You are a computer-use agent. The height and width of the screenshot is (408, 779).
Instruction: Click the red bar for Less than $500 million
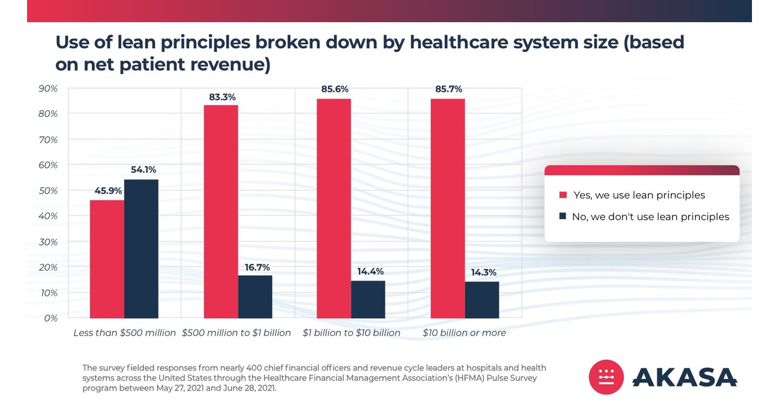pyautogui.click(x=107, y=259)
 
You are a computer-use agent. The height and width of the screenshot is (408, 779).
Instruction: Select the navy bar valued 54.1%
pyautogui.click(x=141, y=249)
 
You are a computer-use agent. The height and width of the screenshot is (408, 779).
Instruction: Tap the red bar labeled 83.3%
pyautogui.click(x=221, y=212)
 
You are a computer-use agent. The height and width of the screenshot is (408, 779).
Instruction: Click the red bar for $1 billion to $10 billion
pyautogui.click(x=334, y=208)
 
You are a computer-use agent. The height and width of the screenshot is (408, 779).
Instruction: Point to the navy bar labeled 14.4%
pyautogui.click(x=368, y=299)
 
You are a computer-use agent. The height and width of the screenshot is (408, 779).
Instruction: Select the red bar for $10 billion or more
pyautogui.click(x=447, y=208)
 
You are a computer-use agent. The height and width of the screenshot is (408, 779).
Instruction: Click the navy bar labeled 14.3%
pyautogui.click(x=481, y=300)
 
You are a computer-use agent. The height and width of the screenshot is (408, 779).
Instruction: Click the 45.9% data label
pyautogui.click(x=108, y=190)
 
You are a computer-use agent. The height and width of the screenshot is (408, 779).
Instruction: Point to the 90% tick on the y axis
pyautogui.click(x=48, y=88)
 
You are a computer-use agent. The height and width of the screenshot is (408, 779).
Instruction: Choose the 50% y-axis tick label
pyautogui.click(x=48, y=190)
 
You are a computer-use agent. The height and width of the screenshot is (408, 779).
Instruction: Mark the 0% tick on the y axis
pyautogui.click(x=51, y=318)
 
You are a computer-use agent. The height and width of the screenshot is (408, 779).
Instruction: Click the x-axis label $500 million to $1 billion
pyautogui.click(x=236, y=333)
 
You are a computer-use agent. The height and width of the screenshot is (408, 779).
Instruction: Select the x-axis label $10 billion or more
pyautogui.click(x=464, y=333)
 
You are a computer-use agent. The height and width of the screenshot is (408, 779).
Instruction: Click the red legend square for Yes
pyautogui.click(x=563, y=195)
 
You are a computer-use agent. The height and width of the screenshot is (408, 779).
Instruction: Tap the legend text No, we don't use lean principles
pyautogui.click(x=650, y=216)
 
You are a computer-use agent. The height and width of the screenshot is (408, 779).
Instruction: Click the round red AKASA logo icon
pyautogui.click(x=606, y=377)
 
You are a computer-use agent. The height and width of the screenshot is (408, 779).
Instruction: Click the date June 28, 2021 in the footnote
pyautogui.click(x=249, y=388)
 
